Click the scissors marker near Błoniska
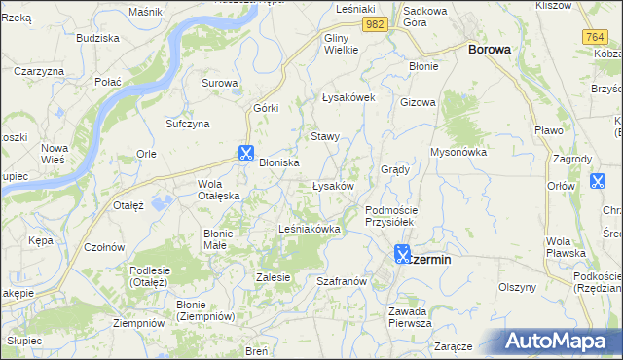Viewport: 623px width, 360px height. point(245,153)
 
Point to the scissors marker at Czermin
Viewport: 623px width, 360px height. point(402,256)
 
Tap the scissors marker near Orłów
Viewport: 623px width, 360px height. point(598,181)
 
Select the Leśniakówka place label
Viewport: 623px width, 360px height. point(309,229)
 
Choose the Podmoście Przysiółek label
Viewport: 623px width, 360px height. point(390,216)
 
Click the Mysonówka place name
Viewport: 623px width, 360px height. point(458,152)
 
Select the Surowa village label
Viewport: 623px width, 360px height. point(219,83)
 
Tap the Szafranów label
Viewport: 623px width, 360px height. point(341,280)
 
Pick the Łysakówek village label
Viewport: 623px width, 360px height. point(348,97)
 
